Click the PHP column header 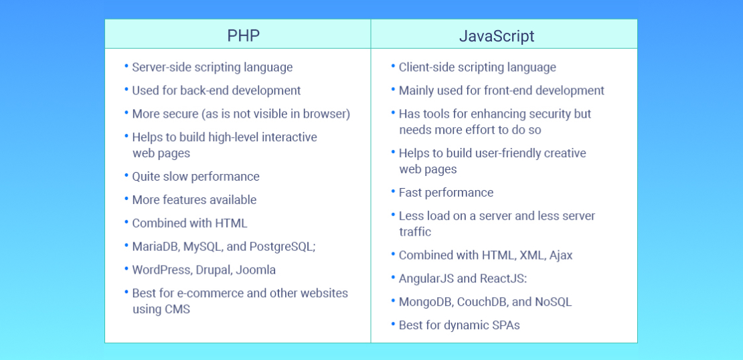click(x=243, y=35)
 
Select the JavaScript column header click(x=497, y=35)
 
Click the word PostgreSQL click(x=281, y=246)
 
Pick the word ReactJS click(x=506, y=278)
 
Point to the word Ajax click(x=561, y=255)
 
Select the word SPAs click(x=505, y=325)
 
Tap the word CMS click(x=177, y=309)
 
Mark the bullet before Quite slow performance click(x=126, y=175)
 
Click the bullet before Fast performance click(x=393, y=191)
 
